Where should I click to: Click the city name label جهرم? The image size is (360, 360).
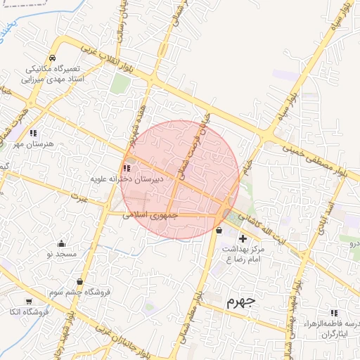[242, 302]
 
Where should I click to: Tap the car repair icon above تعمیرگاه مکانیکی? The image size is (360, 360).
[52, 58]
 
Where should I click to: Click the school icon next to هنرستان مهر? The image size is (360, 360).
[33, 133]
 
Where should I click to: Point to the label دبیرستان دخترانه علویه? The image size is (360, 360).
[127, 179]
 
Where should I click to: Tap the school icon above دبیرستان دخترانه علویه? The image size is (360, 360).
[126, 168]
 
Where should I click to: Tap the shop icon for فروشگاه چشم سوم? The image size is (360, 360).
[79, 281]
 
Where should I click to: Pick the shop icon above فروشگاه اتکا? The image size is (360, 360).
[29, 300]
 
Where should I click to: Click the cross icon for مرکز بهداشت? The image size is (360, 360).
[243, 239]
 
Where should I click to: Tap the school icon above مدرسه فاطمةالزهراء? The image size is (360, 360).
[333, 312]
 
